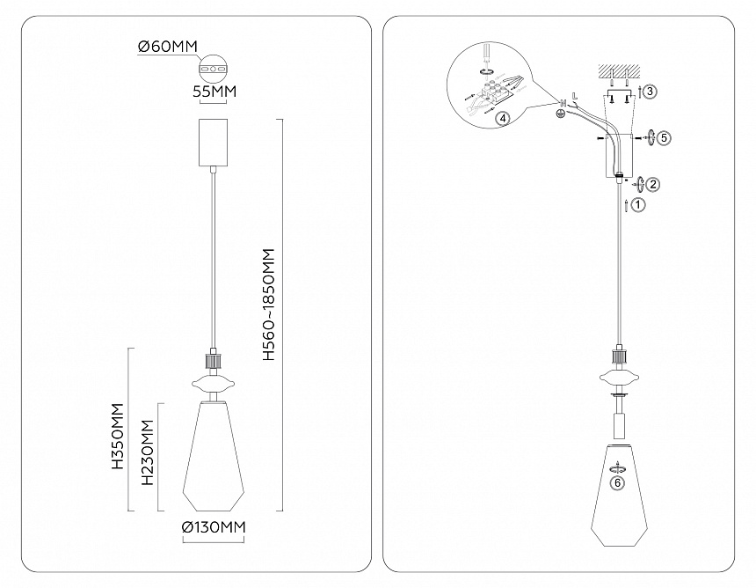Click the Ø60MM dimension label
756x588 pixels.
point(167,47)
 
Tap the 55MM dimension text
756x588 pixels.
point(214,91)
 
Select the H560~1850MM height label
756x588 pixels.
point(268,305)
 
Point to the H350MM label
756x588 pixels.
point(118,437)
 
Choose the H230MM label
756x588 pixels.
point(147,452)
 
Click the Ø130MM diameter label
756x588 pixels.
point(214,527)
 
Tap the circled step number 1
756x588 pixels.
point(638,205)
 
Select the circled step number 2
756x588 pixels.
point(653,184)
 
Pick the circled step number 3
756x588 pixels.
point(650,92)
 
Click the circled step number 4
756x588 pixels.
point(503,118)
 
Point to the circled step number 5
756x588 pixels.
point(664,138)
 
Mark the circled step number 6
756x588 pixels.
point(618,482)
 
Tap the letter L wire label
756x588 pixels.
point(574,96)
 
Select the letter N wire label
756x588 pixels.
point(563,103)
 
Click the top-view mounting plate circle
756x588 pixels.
point(212,70)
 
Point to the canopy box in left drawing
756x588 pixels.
point(213,142)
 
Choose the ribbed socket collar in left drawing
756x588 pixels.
point(213,361)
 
